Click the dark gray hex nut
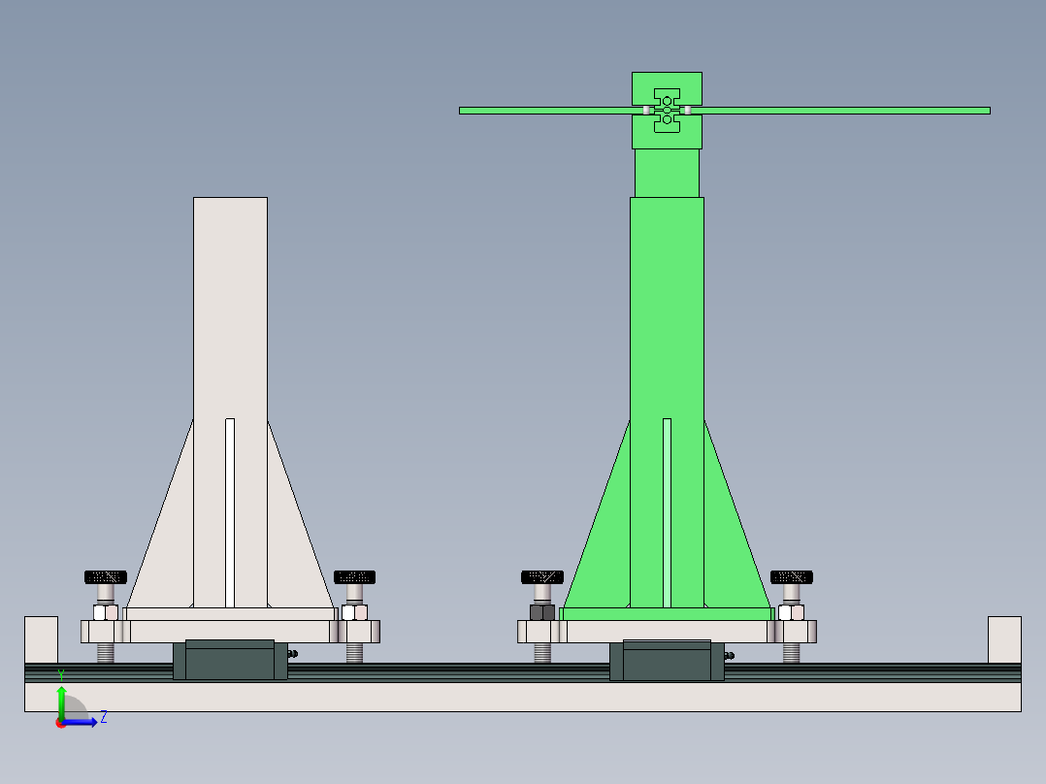tap(542, 612)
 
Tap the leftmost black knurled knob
tap(105, 576)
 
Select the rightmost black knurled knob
tap(792, 576)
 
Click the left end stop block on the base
tap(41, 639)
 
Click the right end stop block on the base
tap(1004, 639)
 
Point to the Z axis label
tap(104, 717)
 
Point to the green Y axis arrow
tap(61, 700)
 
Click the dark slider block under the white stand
tap(230, 662)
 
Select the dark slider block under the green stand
tap(667, 662)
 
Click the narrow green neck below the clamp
tap(667, 173)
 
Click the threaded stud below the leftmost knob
tap(106, 653)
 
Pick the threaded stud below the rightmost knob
tap(792, 653)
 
